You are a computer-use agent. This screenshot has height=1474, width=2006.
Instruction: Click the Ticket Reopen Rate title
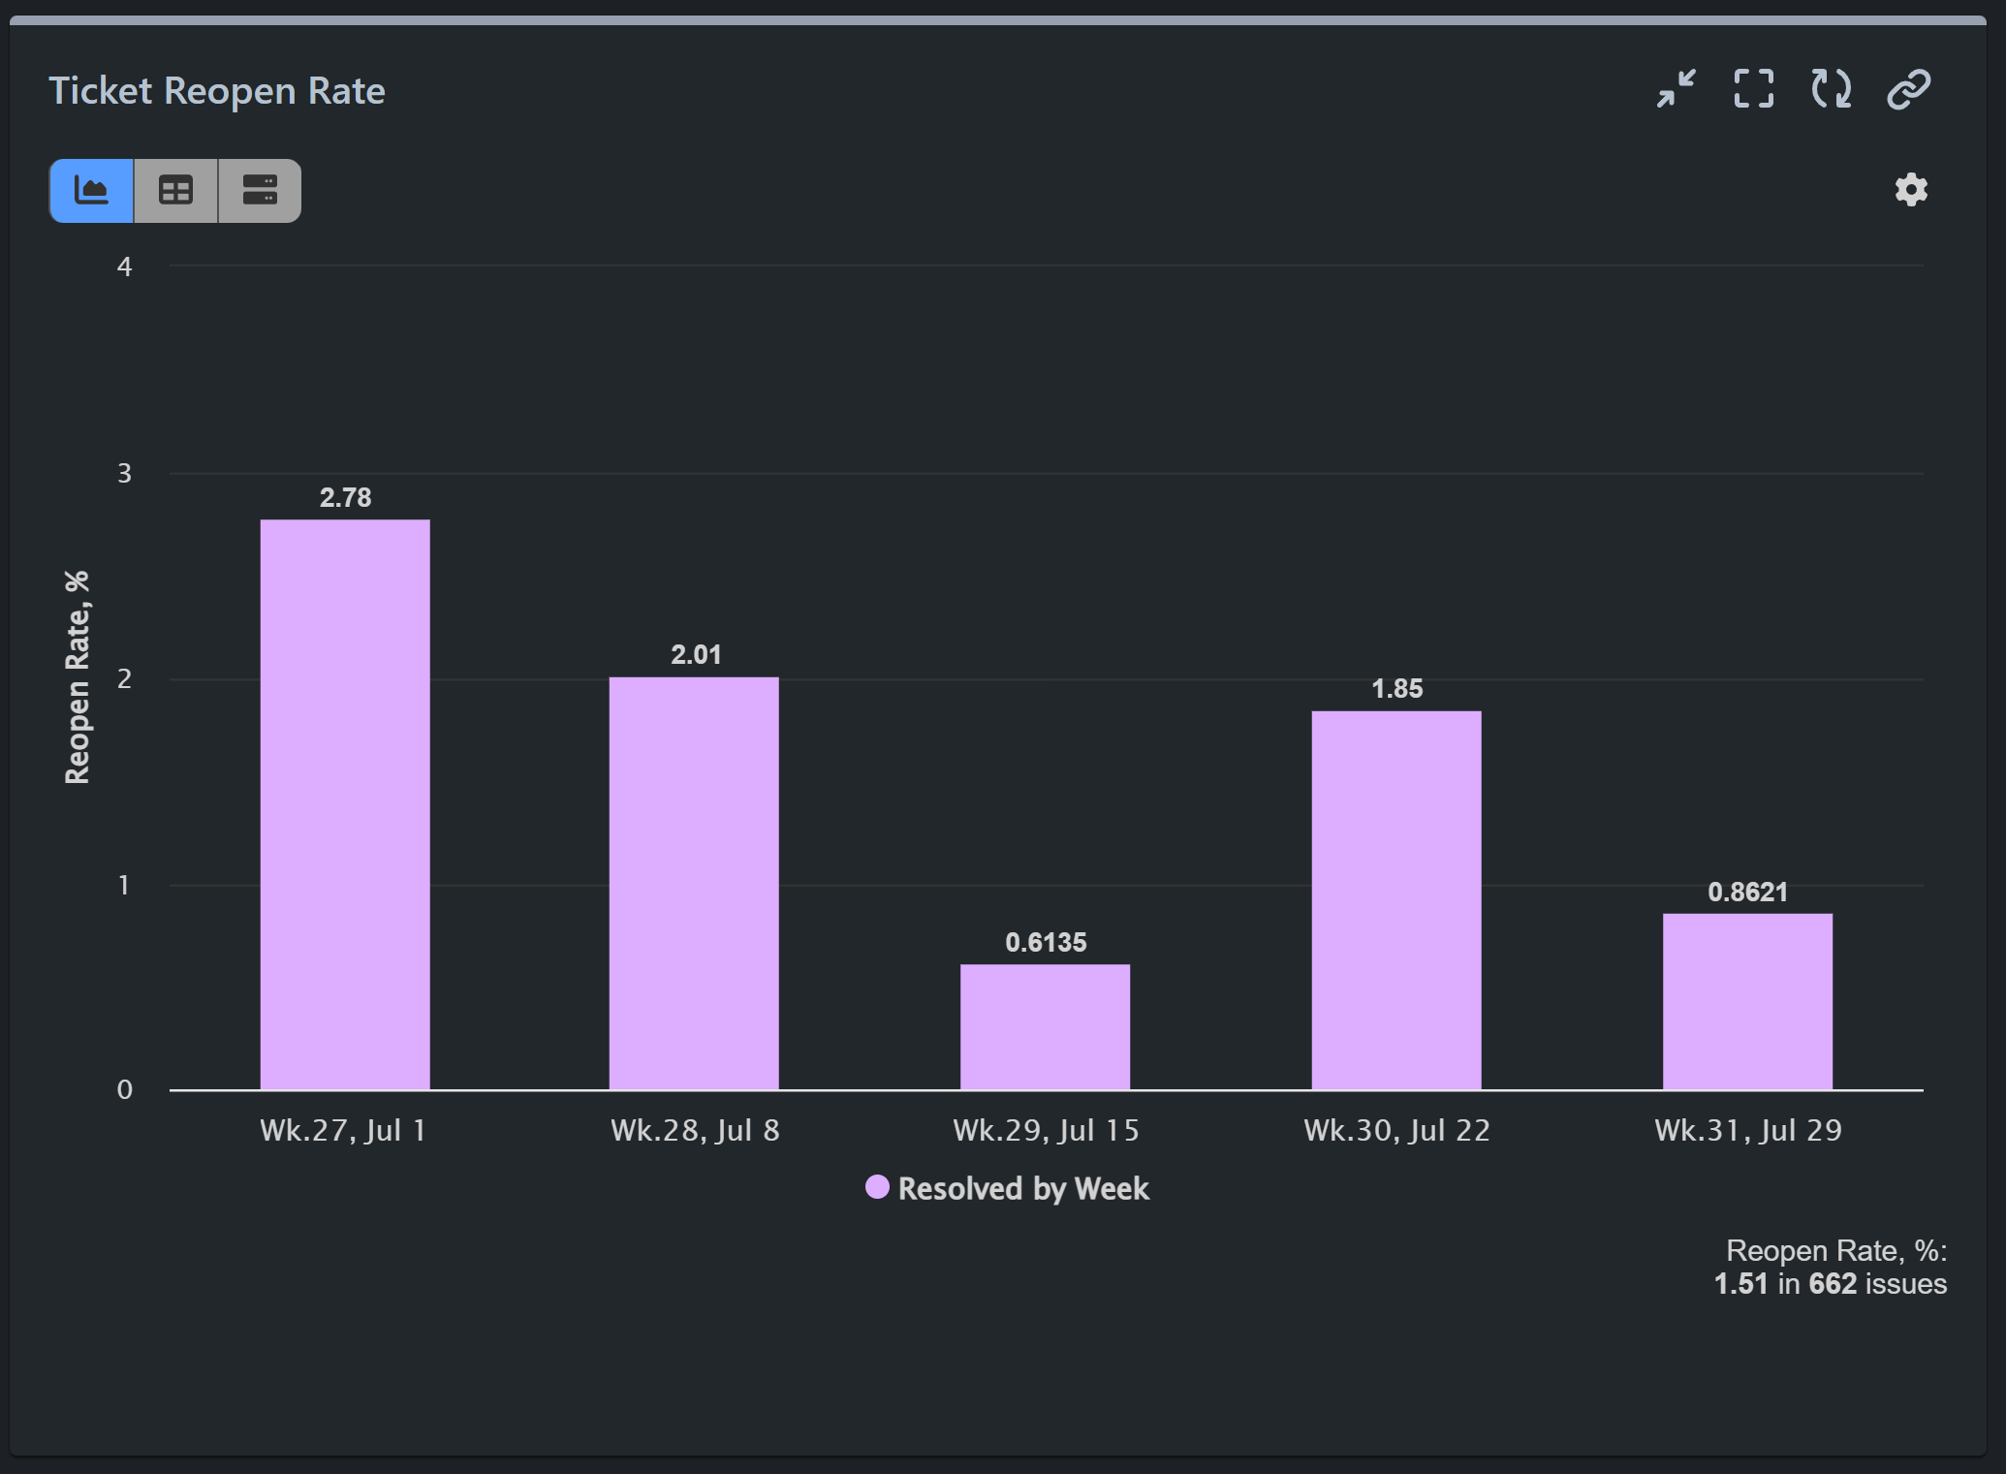[217, 91]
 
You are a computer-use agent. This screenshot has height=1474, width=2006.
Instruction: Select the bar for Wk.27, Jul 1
[345, 804]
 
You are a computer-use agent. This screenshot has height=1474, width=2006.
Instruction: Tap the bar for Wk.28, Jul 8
[694, 882]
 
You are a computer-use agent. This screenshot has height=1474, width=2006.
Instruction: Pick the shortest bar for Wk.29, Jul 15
[1045, 1027]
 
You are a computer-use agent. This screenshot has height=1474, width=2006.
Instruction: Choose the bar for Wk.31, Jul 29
[1747, 1001]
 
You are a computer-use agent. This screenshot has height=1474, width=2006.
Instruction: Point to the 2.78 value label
[345, 498]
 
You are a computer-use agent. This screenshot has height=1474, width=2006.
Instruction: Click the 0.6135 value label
[1046, 943]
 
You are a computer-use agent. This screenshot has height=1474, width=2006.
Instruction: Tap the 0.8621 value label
[1747, 893]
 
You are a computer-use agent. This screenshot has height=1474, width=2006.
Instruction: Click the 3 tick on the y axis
[124, 474]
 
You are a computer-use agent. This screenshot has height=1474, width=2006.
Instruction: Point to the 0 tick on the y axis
[124, 1090]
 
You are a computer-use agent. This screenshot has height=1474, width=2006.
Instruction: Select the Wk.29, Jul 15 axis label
[1046, 1131]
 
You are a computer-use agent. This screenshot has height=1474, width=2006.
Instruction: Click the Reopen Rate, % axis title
[78, 677]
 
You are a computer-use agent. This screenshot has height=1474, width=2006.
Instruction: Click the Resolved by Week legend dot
[877, 1187]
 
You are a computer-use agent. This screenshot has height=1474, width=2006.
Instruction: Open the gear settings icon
[1911, 190]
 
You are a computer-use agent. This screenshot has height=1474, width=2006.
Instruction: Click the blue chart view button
[92, 191]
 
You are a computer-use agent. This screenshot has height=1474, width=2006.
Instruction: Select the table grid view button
[175, 191]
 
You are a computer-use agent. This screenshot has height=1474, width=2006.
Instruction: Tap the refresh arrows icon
[1831, 89]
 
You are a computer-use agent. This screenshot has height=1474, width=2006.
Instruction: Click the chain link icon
[1908, 89]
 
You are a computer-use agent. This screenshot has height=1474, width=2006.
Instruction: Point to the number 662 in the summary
[1833, 1284]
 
